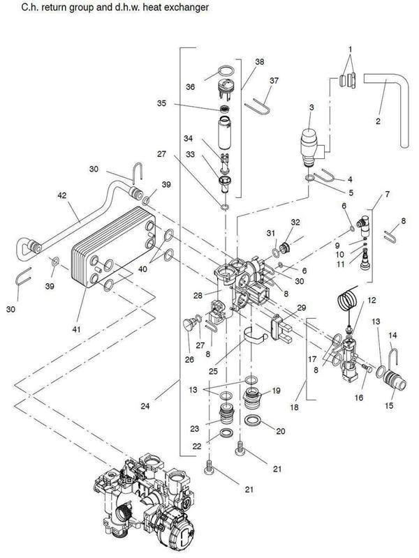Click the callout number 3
click(x=311, y=107)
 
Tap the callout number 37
click(x=274, y=80)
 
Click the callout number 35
click(x=161, y=104)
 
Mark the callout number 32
click(x=295, y=223)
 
